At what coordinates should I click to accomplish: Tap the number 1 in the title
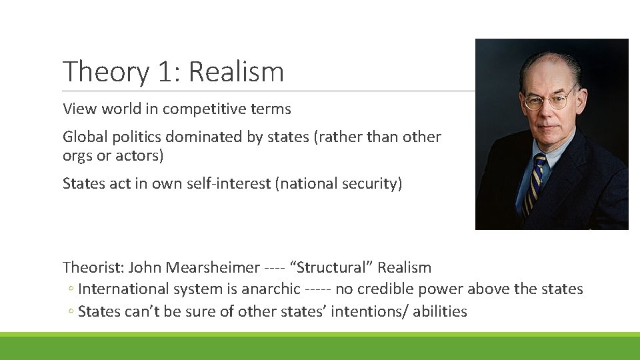pyautogui.click(x=165, y=72)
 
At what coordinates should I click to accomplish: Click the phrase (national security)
pyautogui.click(x=339, y=183)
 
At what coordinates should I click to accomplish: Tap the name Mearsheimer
pyautogui.click(x=213, y=268)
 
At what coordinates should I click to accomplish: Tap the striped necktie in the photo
pyautogui.click(x=533, y=183)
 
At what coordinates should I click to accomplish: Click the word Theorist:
pyautogui.click(x=93, y=268)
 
